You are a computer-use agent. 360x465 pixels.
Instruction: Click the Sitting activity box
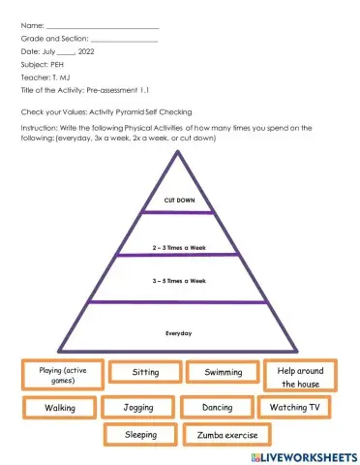coord(145,372)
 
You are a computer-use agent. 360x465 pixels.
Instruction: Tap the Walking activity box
coord(60,408)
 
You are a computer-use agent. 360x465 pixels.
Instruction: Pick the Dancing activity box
coord(218,408)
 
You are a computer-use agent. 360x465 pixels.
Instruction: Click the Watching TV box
coord(295,407)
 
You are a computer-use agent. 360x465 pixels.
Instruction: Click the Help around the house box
coord(301,376)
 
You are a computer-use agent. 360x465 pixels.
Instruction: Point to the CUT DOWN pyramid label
coord(179,201)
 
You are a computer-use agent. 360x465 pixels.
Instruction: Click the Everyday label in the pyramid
coord(179,333)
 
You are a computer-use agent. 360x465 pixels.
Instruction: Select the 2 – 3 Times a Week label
coord(179,248)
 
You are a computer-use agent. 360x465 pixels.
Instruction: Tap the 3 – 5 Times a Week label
coord(179,281)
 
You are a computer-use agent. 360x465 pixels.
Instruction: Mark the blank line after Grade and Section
coord(123,37)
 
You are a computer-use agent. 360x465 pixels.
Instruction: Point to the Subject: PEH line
coord(41,64)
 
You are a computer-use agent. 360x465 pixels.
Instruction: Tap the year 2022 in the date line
coord(86,50)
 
